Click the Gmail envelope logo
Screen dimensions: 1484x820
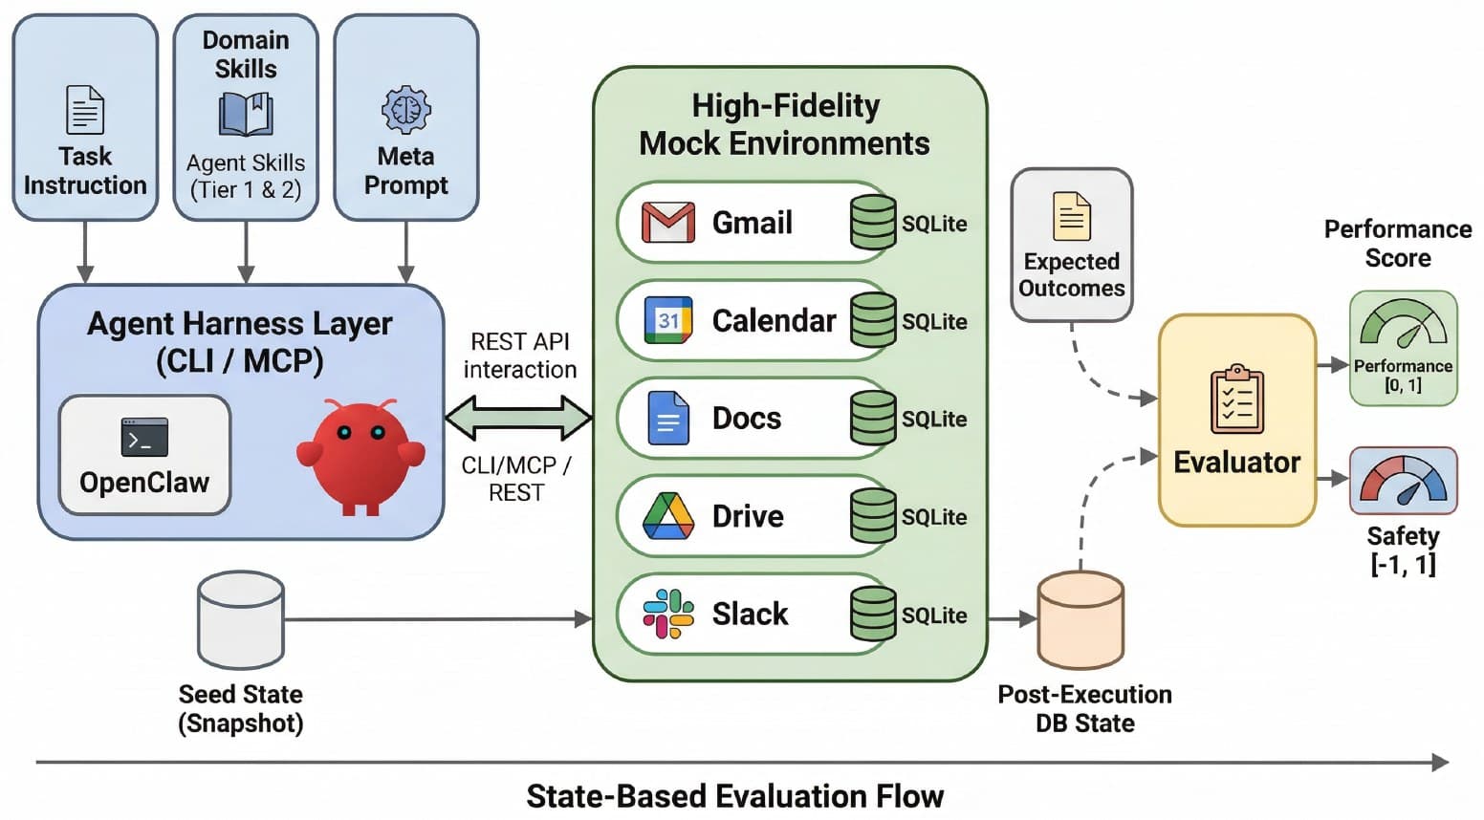click(667, 223)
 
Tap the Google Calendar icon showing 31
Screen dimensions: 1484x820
click(667, 320)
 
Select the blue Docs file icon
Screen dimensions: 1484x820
click(667, 418)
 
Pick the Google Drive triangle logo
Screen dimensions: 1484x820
click(667, 515)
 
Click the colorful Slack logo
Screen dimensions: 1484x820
click(667, 614)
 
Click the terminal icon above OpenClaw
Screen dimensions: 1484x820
click(144, 437)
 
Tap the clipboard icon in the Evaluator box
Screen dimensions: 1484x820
click(1237, 399)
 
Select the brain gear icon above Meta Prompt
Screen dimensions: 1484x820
click(406, 110)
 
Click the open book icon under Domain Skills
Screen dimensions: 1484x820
click(246, 114)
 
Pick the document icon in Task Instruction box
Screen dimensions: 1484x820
click(85, 109)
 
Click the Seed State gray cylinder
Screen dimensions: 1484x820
click(241, 620)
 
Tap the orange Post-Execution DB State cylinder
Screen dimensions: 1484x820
click(1080, 620)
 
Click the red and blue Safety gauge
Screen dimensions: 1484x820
click(1403, 479)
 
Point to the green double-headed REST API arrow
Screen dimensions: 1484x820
click(519, 418)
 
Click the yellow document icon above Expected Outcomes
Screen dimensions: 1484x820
click(1071, 216)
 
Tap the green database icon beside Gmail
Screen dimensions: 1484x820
click(873, 223)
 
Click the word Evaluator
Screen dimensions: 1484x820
click(1237, 463)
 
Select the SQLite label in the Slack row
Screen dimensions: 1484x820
click(934, 615)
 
